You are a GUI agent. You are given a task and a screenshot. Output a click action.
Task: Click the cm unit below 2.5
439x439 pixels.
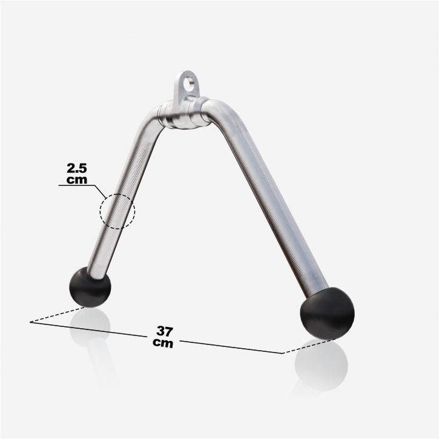(x=78, y=180)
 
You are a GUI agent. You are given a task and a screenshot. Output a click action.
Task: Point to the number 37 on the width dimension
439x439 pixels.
(x=165, y=332)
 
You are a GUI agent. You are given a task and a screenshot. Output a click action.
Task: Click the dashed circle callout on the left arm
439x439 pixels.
(x=118, y=211)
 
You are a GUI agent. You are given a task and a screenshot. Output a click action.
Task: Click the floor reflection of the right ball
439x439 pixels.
(x=321, y=366)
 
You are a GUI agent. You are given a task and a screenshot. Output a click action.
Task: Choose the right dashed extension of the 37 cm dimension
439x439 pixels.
(x=309, y=346)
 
